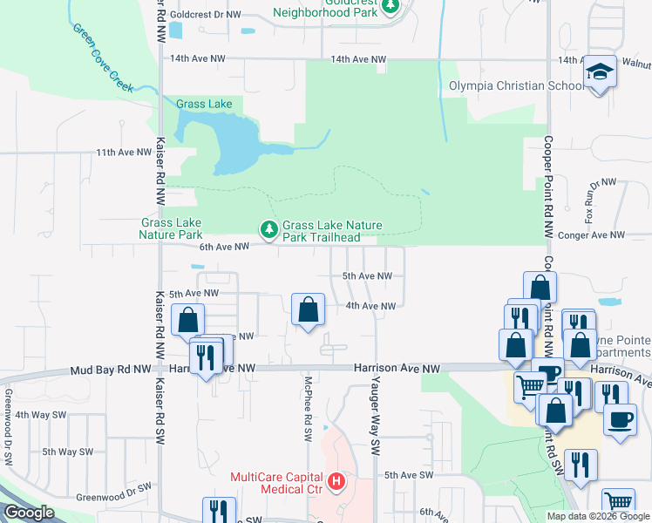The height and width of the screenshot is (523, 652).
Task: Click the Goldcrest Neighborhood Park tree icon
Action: point(391,7)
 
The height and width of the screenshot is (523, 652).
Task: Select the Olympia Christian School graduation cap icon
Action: point(600,71)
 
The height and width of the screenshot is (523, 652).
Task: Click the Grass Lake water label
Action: point(204,104)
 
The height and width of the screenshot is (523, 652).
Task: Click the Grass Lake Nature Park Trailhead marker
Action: point(269,229)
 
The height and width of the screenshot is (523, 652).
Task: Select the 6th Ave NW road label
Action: point(225,247)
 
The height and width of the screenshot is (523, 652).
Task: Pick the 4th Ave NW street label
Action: point(370,306)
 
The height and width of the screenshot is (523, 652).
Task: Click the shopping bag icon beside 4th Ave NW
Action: point(308,309)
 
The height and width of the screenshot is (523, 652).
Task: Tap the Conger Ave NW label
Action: point(593,234)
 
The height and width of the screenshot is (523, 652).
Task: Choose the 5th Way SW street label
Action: point(67,452)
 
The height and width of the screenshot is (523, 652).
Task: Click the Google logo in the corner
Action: point(30,513)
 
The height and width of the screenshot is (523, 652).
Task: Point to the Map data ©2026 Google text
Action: point(598,516)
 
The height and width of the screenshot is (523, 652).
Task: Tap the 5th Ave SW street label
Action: point(409,475)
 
